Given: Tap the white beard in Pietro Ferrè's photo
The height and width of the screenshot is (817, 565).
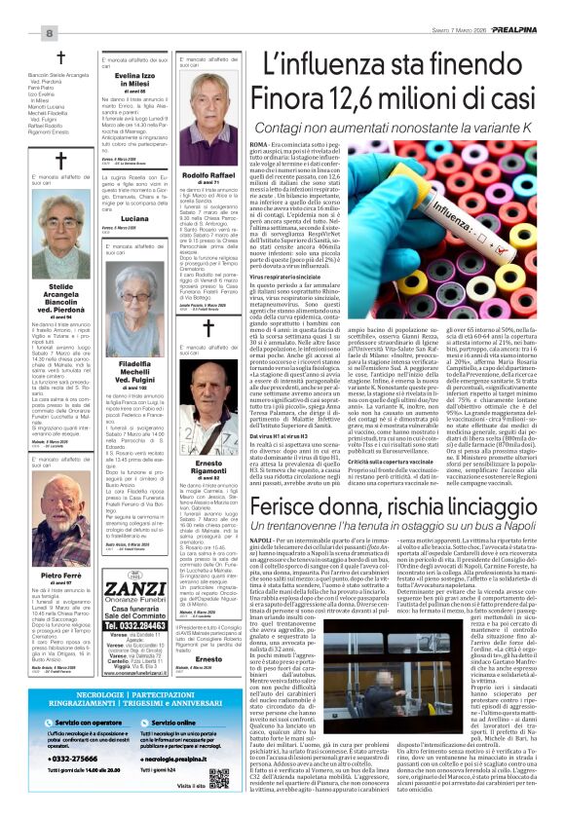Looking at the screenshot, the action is point(61,543).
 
